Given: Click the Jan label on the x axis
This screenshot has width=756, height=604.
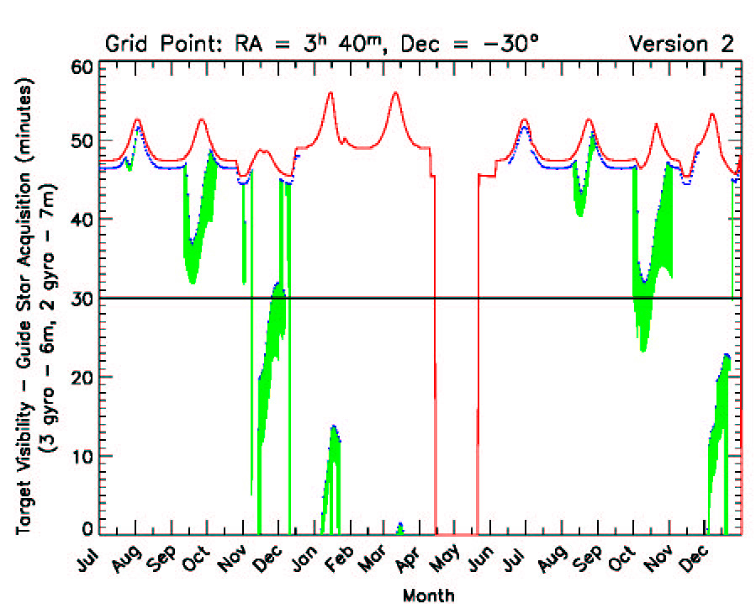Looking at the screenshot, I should (x=307, y=559).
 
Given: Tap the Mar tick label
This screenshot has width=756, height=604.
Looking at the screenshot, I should (x=378, y=559).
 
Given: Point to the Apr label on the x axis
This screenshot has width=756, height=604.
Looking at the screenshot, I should (x=414, y=559).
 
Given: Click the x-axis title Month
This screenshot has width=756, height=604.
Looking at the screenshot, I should (x=428, y=596).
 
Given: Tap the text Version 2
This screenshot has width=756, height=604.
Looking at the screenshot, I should (x=682, y=43).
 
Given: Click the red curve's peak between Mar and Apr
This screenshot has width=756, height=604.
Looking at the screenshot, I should (x=394, y=93).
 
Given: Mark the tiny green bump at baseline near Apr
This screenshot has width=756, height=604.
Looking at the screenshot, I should (x=400, y=527).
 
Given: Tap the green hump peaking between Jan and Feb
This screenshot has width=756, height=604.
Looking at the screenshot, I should (x=334, y=429).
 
